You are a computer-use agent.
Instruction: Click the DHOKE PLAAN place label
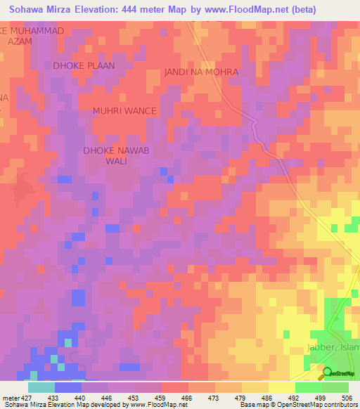pos(84,65)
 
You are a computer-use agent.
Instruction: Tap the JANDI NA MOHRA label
pos(201,72)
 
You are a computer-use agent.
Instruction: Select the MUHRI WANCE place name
pos(125,111)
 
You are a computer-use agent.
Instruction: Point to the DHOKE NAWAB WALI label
pos(117,155)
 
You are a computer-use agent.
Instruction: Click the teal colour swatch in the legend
pos(41,387)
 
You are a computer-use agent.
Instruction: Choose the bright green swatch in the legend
pos(309,387)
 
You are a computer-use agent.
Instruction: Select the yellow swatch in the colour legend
pos(282,387)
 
